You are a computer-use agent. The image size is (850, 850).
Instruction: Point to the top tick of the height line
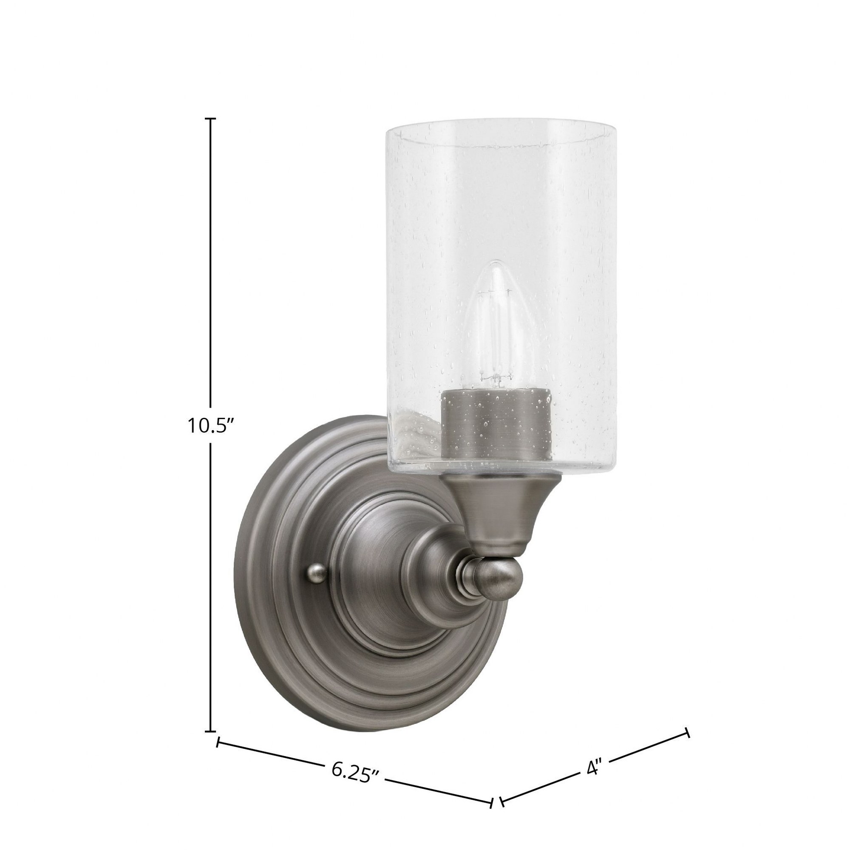(x=211, y=119)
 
